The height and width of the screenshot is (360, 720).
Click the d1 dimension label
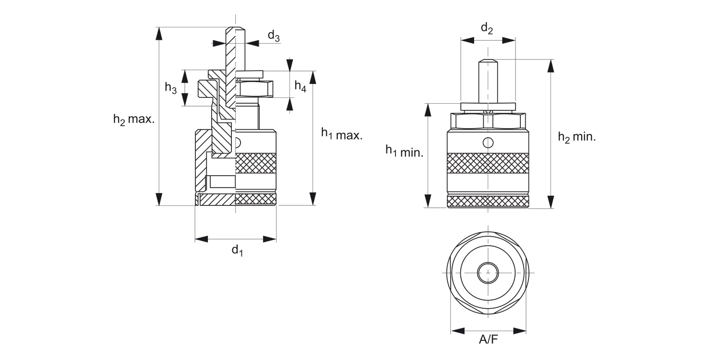pyautogui.click(x=237, y=250)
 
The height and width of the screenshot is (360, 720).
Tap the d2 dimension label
pyautogui.click(x=487, y=29)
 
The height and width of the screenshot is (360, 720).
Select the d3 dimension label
pyautogui.click(x=274, y=36)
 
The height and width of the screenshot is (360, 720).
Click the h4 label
pyautogui.click(x=300, y=86)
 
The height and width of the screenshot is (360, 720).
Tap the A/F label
pyautogui.click(x=489, y=340)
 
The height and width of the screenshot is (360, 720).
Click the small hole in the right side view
pyautogui.click(x=488, y=143)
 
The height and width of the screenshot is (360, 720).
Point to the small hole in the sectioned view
pyautogui.click(x=238, y=143)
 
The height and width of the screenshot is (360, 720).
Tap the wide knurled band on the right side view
pyautogui.click(x=488, y=163)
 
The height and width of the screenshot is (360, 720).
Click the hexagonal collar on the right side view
pyautogui.click(x=488, y=121)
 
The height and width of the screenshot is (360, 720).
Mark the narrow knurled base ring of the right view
pyautogui.click(x=488, y=201)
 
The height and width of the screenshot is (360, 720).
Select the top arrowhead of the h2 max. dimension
pyautogui.click(x=159, y=34)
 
